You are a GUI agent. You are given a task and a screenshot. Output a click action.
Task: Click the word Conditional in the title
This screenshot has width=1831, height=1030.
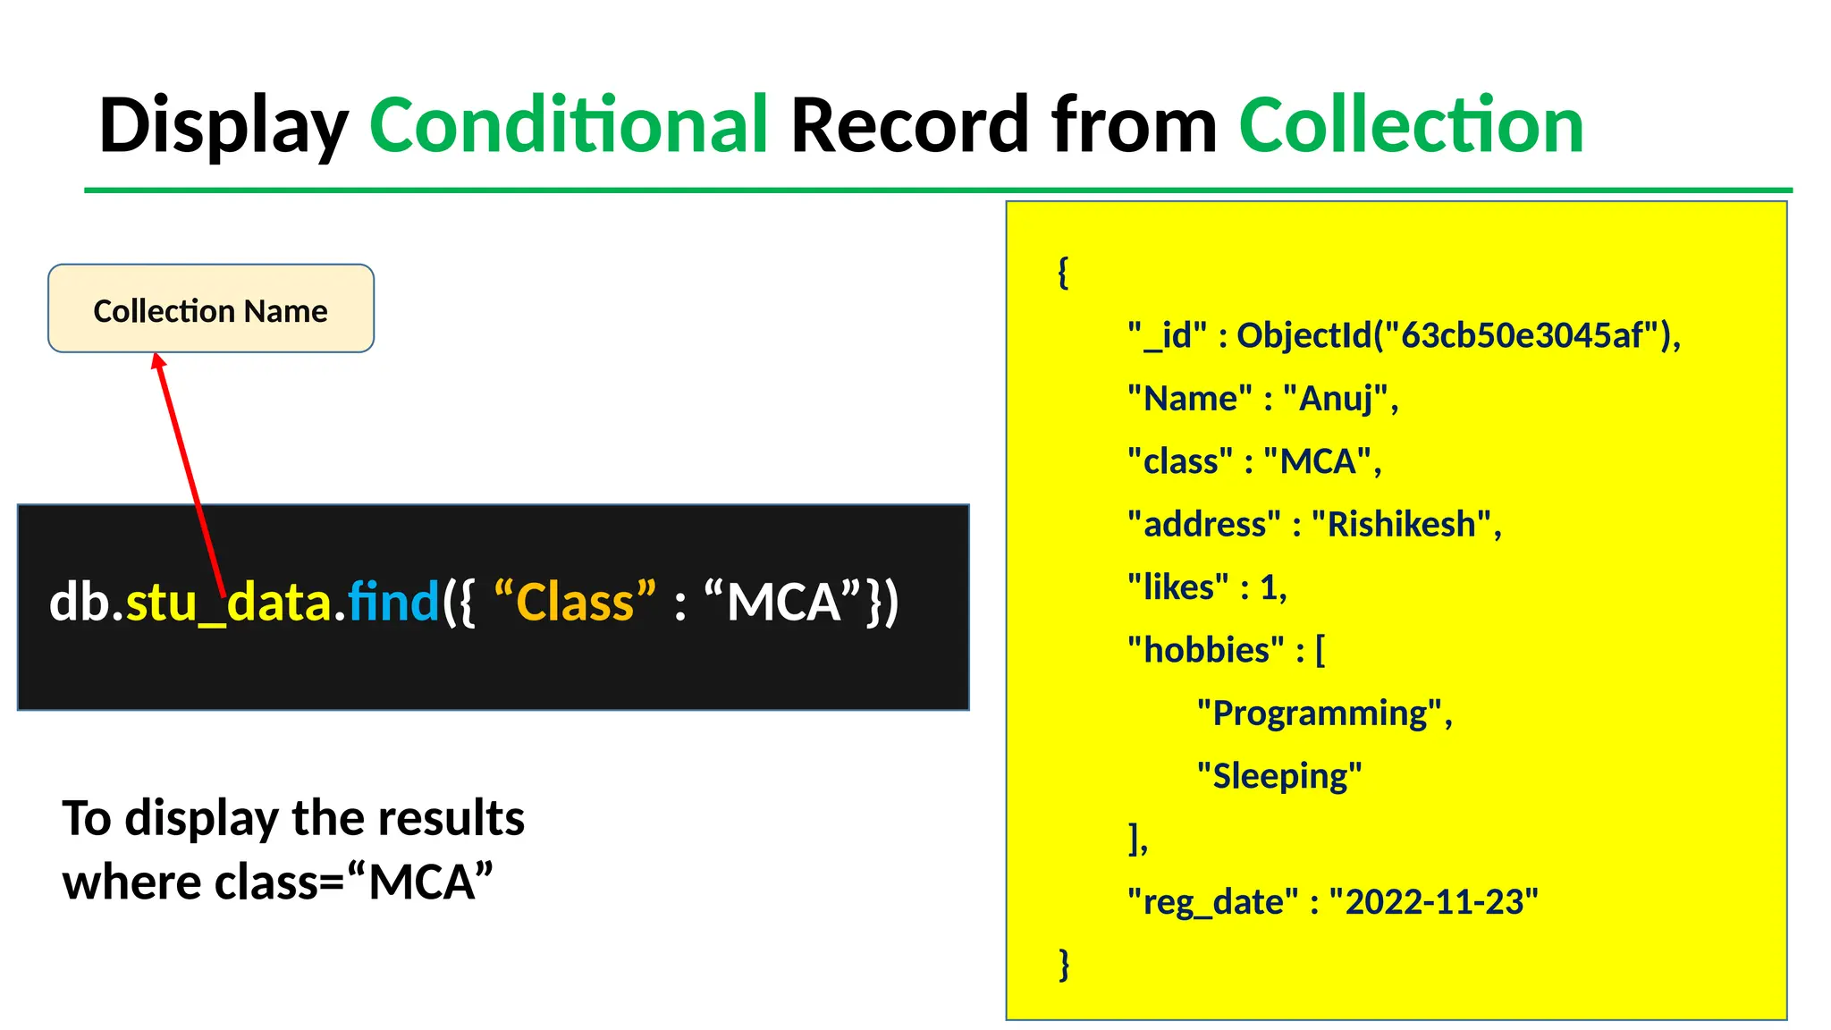(x=569, y=125)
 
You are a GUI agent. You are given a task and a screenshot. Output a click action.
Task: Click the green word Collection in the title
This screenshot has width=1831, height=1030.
(x=1411, y=125)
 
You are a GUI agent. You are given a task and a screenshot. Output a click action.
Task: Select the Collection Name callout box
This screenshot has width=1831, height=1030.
(x=211, y=308)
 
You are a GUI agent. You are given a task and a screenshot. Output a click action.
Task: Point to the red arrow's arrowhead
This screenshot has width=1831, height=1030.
(x=158, y=360)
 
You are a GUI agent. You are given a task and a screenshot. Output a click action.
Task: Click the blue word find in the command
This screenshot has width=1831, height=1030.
(x=393, y=601)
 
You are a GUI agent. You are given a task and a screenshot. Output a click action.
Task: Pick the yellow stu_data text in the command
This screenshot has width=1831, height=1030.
(x=229, y=603)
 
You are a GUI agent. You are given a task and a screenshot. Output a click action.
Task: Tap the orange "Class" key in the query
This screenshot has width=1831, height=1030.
(x=575, y=601)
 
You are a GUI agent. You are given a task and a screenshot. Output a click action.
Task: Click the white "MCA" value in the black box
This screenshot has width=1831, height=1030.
(x=783, y=601)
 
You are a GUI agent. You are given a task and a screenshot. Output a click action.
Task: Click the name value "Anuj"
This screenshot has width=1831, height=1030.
(x=1336, y=399)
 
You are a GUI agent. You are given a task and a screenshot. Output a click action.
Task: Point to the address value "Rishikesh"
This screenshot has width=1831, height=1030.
(x=1401, y=524)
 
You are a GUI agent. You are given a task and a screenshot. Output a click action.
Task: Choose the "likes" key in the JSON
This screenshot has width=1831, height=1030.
(x=1177, y=587)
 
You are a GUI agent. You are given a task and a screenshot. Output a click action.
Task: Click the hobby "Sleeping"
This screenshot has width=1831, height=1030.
(x=1279, y=776)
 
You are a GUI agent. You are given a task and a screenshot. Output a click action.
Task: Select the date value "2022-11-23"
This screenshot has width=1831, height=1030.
(x=1433, y=902)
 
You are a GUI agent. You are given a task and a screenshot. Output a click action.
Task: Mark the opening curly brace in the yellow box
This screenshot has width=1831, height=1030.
(x=1063, y=272)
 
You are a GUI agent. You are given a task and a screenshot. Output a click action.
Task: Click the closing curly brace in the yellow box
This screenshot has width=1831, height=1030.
(x=1064, y=965)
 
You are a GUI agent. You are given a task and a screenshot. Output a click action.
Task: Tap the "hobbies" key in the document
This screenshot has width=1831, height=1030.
(x=1205, y=650)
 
